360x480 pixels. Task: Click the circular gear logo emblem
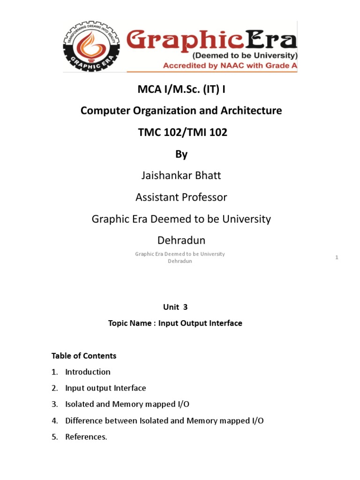pos(90,47)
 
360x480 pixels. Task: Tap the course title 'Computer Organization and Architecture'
pos(181,111)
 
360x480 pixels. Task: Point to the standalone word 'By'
pos(181,154)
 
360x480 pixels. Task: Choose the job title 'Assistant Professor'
pos(181,197)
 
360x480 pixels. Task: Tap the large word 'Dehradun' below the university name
pos(181,240)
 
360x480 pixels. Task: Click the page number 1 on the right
pos(337,257)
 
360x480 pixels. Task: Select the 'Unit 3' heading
pos(176,307)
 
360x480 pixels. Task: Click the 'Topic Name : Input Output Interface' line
pos(175,323)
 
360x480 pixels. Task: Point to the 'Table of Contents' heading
pos(84,356)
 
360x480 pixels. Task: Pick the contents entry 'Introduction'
pos(88,372)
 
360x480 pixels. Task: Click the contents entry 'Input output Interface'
pos(105,388)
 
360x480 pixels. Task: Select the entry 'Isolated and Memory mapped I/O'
pos(127,404)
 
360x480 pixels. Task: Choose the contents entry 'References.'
pos(86,437)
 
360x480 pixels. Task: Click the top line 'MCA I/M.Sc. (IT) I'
pos(181,89)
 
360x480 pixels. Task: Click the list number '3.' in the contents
pos(55,404)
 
